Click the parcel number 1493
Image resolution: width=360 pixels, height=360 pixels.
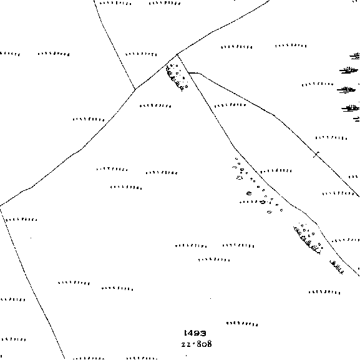click(195, 333)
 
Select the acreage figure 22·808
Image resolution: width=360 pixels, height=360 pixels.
click(197, 344)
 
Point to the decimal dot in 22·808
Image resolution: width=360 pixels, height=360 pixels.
click(194, 344)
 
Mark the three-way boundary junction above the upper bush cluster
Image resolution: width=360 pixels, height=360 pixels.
click(177, 55)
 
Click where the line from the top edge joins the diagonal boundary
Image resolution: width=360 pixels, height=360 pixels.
click(135, 89)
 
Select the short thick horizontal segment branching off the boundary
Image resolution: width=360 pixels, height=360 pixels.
click(194, 73)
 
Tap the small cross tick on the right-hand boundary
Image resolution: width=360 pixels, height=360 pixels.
click(316, 155)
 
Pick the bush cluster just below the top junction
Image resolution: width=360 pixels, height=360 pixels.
click(177, 77)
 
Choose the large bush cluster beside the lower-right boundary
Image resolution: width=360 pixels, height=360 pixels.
click(308, 238)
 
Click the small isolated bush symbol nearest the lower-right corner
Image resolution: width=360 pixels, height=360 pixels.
click(337, 267)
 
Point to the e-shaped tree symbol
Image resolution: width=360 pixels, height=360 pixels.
click(249, 193)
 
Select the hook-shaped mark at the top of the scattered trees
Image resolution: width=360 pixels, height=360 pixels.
click(234, 167)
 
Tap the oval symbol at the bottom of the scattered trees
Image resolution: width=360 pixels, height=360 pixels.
click(270, 212)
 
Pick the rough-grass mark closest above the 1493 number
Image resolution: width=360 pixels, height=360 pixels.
click(242, 324)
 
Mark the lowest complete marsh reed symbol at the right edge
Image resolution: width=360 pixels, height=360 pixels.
click(350, 108)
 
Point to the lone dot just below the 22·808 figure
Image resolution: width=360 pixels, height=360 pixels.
click(186, 356)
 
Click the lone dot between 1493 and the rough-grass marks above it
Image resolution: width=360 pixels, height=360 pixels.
click(210, 298)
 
